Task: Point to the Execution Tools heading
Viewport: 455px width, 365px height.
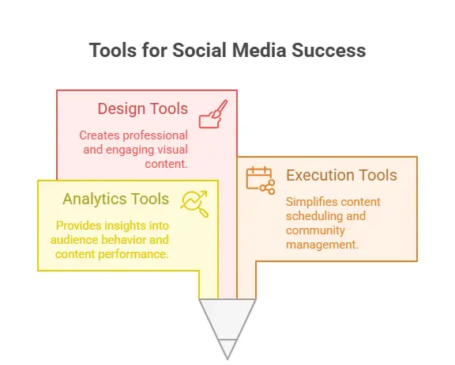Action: tap(341, 176)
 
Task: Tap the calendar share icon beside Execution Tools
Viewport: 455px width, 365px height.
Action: tap(260, 180)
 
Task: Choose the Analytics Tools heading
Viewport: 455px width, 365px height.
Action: tap(115, 199)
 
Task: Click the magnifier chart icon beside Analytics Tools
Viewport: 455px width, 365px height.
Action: tap(194, 203)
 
